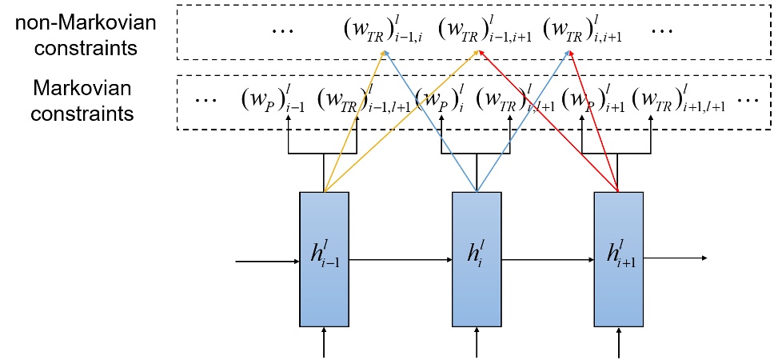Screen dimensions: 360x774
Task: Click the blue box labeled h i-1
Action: click(324, 259)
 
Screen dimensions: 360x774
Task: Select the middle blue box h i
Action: click(477, 259)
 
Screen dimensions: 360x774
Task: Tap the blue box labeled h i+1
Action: click(619, 259)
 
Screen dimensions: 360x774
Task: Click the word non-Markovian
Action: click(76, 20)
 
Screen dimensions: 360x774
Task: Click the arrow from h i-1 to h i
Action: click(400, 259)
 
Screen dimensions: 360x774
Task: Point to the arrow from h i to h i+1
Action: click(547, 259)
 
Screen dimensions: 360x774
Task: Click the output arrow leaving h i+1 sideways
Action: click(676, 258)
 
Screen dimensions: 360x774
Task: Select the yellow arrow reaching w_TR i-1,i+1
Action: click(400, 121)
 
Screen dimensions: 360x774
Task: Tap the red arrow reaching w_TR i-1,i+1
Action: click(552, 121)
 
